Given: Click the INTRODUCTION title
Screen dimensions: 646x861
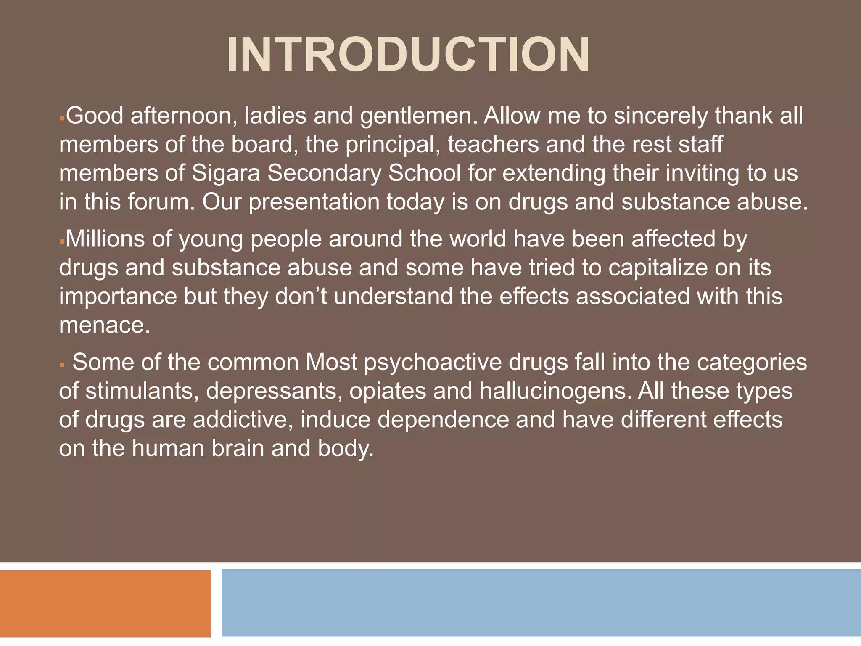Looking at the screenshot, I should (408, 55).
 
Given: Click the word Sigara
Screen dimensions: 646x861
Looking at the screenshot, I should (226, 173).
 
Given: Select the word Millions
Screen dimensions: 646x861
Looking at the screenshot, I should (119, 239).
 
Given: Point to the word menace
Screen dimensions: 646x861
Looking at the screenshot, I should (104, 325).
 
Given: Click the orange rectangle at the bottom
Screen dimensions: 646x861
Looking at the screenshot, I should (105, 603).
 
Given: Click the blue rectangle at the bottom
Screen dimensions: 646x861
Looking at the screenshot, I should (541, 603).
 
